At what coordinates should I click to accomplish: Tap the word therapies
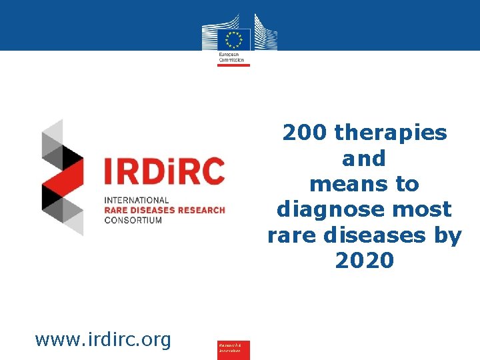(391, 133)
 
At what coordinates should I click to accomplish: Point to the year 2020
(365, 261)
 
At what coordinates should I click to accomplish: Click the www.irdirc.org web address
(103, 340)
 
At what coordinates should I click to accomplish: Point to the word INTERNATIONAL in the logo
(137, 200)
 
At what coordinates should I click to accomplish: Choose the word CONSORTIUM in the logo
(133, 220)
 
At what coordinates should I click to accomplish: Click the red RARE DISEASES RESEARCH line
(164, 210)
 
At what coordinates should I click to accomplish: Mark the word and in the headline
(364, 159)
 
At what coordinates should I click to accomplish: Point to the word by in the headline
(447, 235)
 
